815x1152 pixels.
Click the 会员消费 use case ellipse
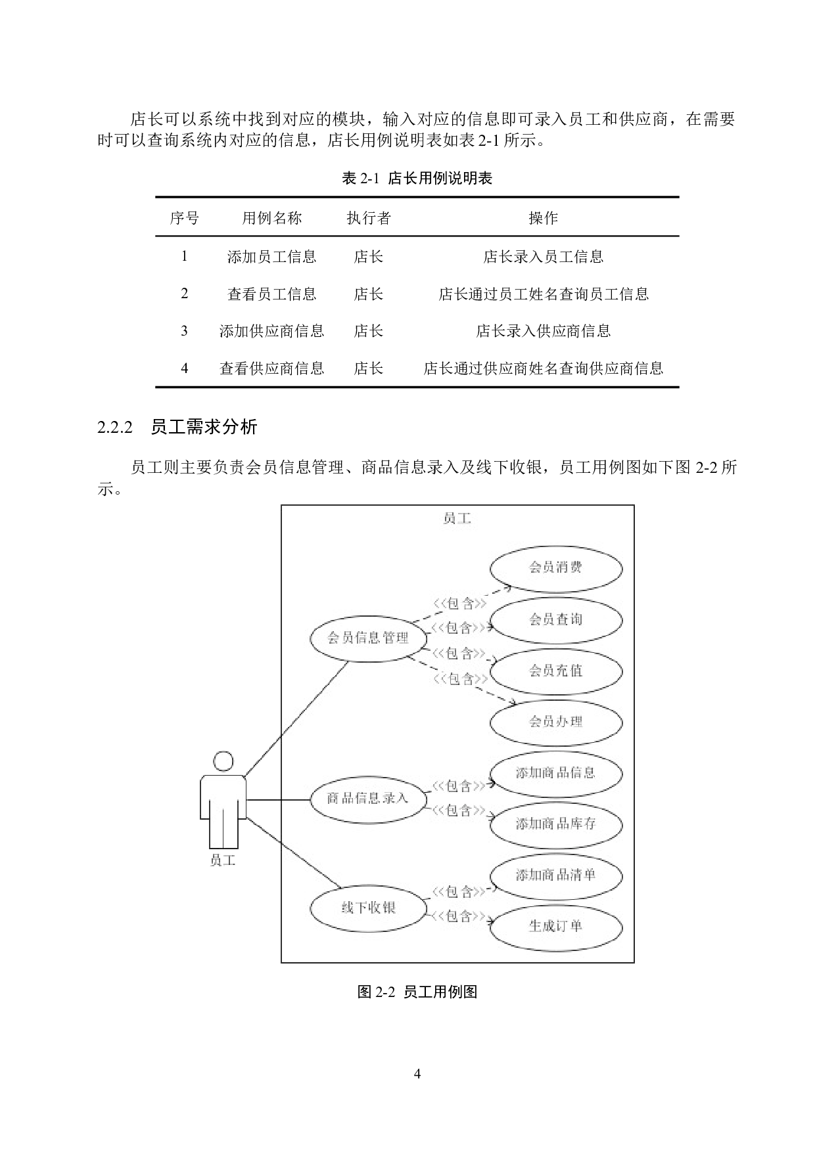pyautogui.click(x=556, y=567)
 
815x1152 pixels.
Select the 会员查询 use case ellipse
pyautogui.click(x=556, y=619)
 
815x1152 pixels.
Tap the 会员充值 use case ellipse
pyautogui.click(x=556, y=671)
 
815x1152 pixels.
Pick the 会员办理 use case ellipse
pyautogui.click(x=556, y=722)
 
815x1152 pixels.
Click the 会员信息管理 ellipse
pyautogui.click(x=369, y=638)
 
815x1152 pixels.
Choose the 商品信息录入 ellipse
pyautogui.click(x=368, y=799)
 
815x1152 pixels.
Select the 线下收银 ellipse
pyautogui.click(x=368, y=908)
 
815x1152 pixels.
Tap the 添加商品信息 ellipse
pyautogui.click(x=556, y=773)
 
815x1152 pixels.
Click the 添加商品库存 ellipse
pyautogui.click(x=556, y=824)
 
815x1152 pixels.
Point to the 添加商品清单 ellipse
pyautogui.click(x=556, y=875)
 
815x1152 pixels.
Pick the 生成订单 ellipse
pyautogui.click(x=556, y=926)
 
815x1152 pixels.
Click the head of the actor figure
pyautogui.click(x=223, y=762)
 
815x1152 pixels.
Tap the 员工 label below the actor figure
pyautogui.click(x=223, y=860)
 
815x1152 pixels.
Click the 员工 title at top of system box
pyautogui.click(x=457, y=519)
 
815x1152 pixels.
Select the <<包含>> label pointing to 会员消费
pyautogui.click(x=460, y=604)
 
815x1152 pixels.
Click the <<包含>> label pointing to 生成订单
pyautogui.click(x=460, y=916)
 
